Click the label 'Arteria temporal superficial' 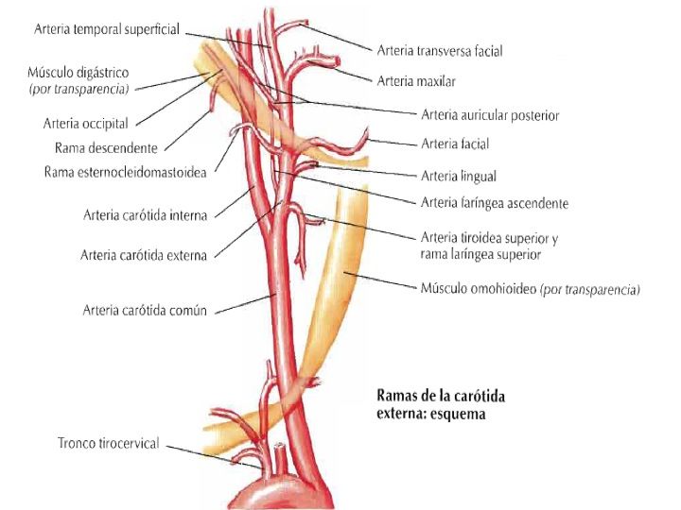[x=106, y=30]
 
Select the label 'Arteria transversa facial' [x=439, y=51]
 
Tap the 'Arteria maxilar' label [x=416, y=82]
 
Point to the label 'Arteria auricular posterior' [x=490, y=115]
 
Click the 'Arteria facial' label [x=455, y=144]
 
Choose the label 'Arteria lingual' [x=458, y=175]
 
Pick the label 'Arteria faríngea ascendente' [x=494, y=203]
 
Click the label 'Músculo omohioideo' [x=478, y=289]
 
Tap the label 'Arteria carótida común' [x=144, y=309]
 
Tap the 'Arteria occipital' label [x=85, y=123]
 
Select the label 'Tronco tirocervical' [x=108, y=443]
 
